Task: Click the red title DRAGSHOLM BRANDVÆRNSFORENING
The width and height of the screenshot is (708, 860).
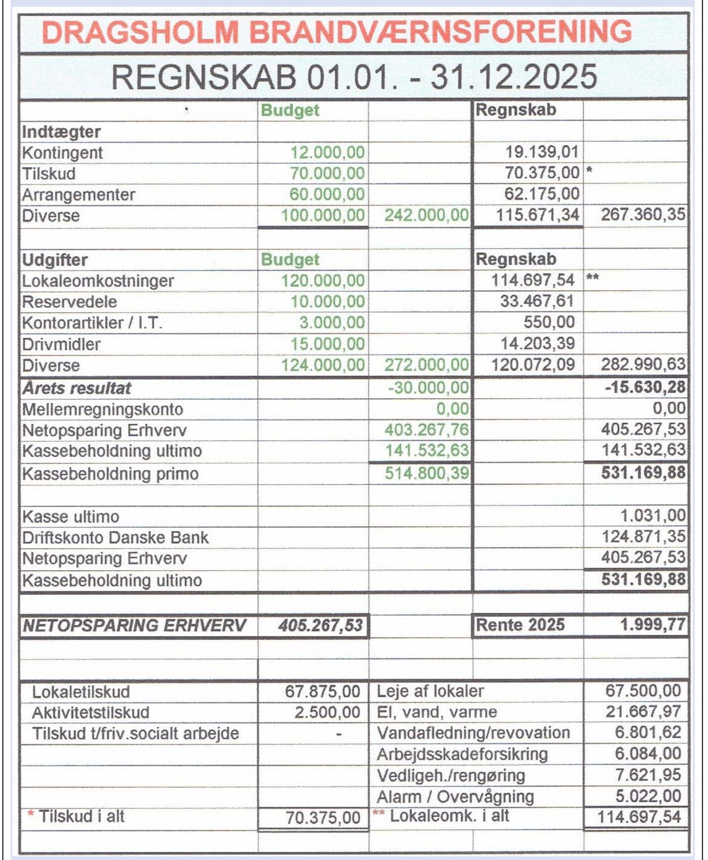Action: pos(337,32)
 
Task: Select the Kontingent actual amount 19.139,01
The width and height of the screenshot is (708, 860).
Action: pos(542,152)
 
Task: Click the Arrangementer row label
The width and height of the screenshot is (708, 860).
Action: pos(78,195)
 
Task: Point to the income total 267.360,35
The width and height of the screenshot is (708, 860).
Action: pos(643,215)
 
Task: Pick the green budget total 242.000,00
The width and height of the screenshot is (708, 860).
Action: pos(427,215)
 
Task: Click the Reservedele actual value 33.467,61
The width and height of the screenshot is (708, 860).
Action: pos(537,301)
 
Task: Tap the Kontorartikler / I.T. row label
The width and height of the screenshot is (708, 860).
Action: pos(92,323)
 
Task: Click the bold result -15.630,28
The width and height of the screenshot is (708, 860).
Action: pos(645,387)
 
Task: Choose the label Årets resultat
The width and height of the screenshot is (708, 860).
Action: pos(77,388)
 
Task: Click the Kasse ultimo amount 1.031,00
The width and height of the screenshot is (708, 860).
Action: pos(653,516)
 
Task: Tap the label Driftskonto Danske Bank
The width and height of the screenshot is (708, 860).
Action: pos(115,537)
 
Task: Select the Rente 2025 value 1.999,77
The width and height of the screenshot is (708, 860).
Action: pos(653,625)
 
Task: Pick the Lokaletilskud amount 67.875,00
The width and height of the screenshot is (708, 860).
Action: pos(322,691)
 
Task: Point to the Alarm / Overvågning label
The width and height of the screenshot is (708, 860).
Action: pos(455,796)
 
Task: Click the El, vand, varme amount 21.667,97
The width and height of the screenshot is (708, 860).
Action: pos(643,712)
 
